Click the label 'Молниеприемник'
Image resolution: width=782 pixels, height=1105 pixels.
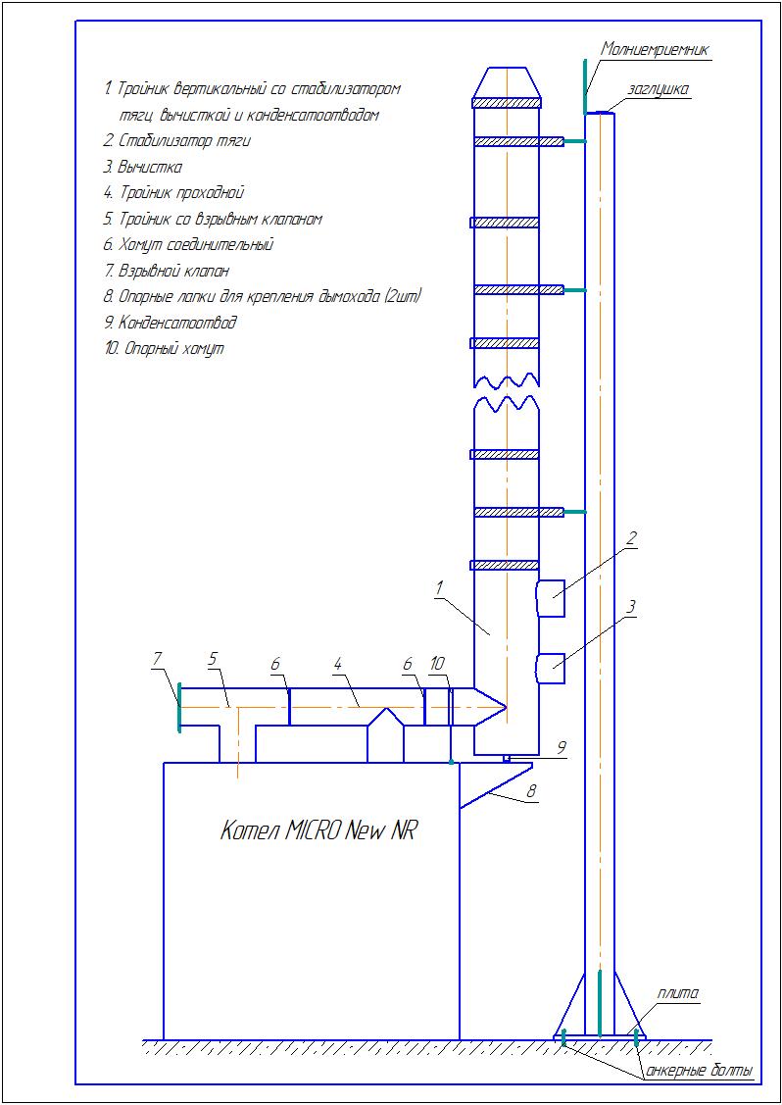coord(655,48)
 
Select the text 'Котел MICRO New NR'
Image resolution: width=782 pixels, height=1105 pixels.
coord(318,831)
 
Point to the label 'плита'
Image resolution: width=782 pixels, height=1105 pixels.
coord(678,993)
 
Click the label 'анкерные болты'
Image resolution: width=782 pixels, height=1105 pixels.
coord(699,1071)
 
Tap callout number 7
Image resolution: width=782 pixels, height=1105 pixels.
coord(157,662)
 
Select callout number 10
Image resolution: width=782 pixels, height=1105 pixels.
coord(437,664)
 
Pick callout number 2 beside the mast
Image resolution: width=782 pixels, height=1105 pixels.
coord(632,537)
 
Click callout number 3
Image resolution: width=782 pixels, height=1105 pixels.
coord(632,607)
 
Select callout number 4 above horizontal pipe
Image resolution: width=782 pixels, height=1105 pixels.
coord(337,664)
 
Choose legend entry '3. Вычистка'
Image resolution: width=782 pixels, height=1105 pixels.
coord(143,167)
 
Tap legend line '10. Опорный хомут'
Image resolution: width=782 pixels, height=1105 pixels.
coord(164,348)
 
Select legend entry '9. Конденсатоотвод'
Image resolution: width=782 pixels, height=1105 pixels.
coord(171,323)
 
